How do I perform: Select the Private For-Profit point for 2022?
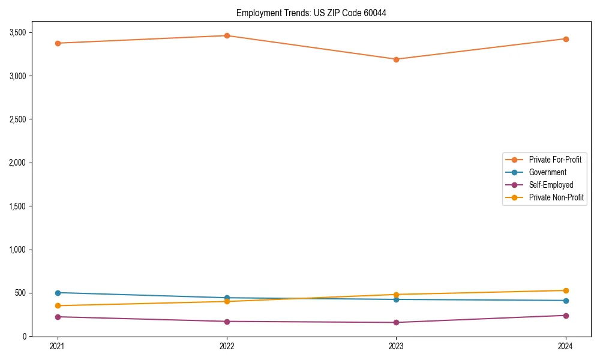pyautogui.click(x=227, y=35)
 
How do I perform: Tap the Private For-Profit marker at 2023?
pyautogui.click(x=396, y=59)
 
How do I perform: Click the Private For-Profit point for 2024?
pyautogui.click(x=566, y=39)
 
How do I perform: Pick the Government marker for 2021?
pyautogui.click(x=58, y=293)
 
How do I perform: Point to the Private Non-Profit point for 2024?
pyautogui.click(x=566, y=290)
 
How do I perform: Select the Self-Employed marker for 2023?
pyautogui.click(x=396, y=322)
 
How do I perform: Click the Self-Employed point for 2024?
pyautogui.click(x=566, y=316)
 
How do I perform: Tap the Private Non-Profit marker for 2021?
pyautogui.click(x=58, y=305)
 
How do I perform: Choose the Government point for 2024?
pyautogui.click(x=566, y=301)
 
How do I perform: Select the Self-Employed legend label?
pyautogui.click(x=551, y=185)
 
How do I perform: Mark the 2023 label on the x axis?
pyautogui.click(x=396, y=346)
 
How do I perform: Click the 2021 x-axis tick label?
pyautogui.click(x=58, y=346)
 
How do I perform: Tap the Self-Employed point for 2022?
pyautogui.click(x=227, y=322)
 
